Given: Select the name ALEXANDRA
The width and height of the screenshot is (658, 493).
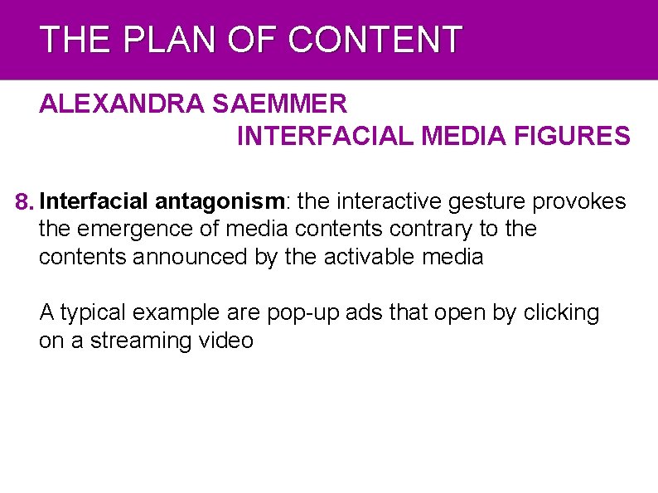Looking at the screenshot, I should tap(123, 105).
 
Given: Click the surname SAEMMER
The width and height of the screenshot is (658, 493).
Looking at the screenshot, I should tap(280, 105).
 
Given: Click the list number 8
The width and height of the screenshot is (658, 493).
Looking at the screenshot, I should tap(26, 201).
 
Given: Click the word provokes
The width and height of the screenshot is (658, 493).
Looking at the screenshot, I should tap(578, 201).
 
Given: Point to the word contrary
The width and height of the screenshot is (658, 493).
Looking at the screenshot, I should tap(440, 229).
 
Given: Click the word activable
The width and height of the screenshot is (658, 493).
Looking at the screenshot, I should tap(365, 256).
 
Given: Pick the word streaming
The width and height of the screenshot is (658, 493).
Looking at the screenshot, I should tap(141, 341).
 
